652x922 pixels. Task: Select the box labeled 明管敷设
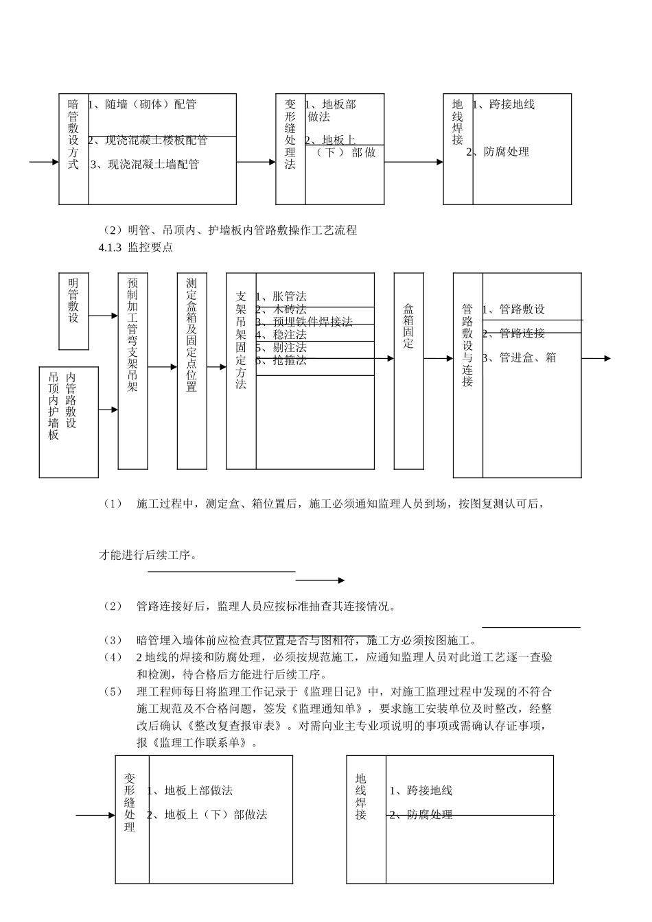click(x=73, y=310)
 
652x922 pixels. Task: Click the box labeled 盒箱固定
click(x=408, y=370)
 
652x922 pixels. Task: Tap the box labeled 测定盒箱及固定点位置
click(x=191, y=370)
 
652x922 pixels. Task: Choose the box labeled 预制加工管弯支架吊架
click(x=132, y=370)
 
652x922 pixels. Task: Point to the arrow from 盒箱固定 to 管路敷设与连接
click(x=438, y=358)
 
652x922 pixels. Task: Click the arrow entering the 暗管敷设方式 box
click(x=45, y=163)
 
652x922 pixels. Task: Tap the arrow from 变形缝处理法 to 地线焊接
click(x=413, y=163)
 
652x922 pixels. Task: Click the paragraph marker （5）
click(x=112, y=690)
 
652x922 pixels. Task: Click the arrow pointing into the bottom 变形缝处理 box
click(x=95, y=815)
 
